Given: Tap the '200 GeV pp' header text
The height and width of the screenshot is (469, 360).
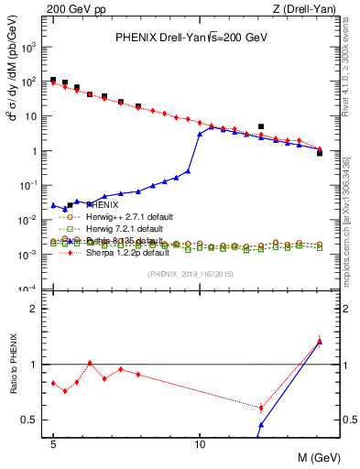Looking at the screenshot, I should click(70, 9).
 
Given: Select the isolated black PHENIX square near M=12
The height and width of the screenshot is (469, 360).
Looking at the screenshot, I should click(261, 126).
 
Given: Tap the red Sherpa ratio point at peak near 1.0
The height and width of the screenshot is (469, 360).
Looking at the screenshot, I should click(90, 363).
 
